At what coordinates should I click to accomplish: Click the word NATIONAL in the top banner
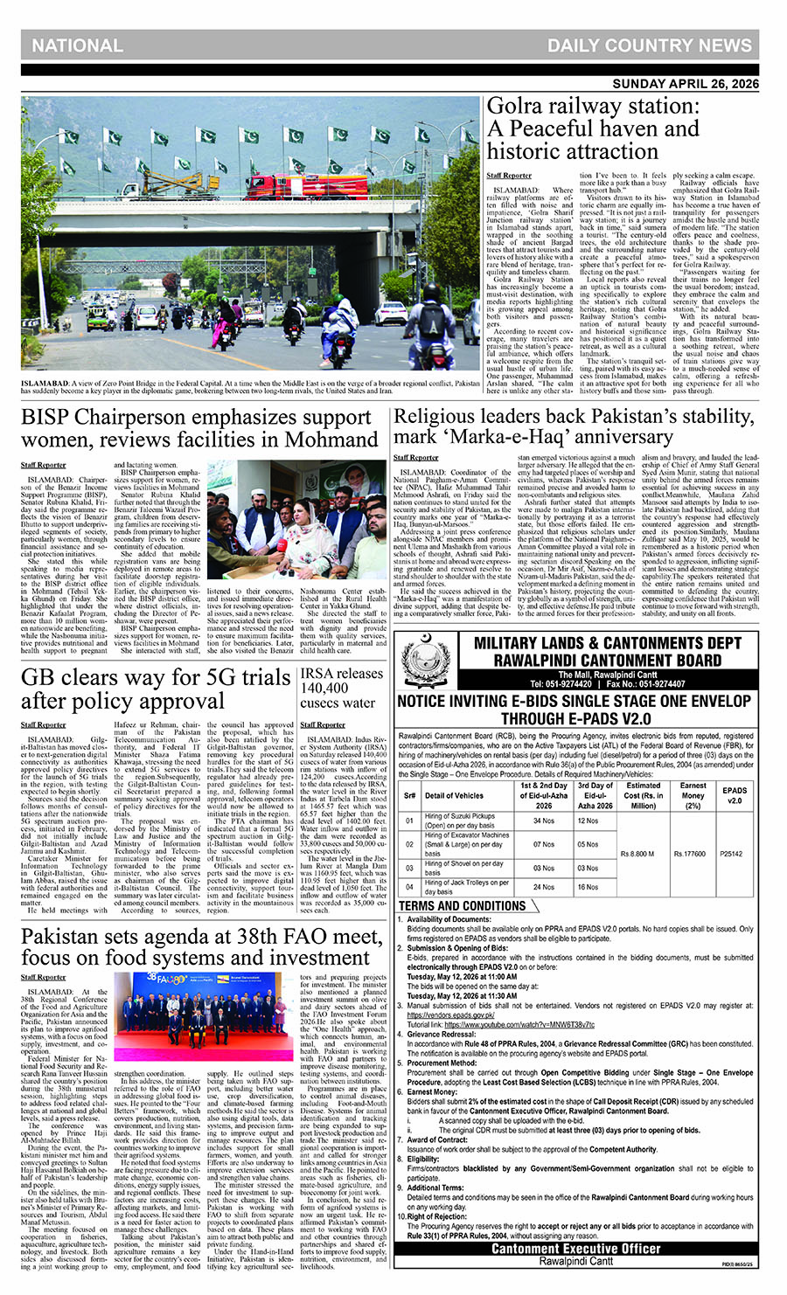[x=78, y=45]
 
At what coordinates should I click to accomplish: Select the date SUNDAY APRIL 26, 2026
[x=686, y=84]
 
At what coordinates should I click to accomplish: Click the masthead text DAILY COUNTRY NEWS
[x=650, y=45]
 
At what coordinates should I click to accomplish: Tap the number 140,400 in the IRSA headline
[x=324, y=689]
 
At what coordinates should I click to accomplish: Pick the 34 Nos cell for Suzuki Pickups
[x=544, y=821]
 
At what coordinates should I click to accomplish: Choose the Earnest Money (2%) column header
[x=693, y=795]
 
